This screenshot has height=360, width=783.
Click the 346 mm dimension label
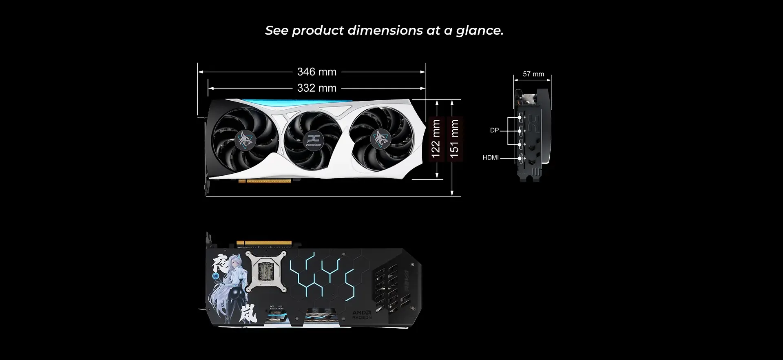coord(316,72)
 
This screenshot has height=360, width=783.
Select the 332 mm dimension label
coord(316,88)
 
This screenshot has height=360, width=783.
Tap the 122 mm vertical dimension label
coord(436,139)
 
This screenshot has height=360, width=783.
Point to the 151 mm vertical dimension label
coord(454,139)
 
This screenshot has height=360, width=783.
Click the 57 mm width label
coord(533,74)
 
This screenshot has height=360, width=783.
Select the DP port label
coord(494,130)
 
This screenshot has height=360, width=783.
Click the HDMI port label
coord(490,158)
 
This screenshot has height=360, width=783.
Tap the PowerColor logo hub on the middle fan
coord(313,140)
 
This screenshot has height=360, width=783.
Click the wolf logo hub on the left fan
coord(246,140)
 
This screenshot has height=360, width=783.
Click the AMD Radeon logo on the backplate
coord(362,314)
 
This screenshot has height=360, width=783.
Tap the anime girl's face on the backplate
coord(234,261)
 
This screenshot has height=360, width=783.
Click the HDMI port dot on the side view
coord(520,158)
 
